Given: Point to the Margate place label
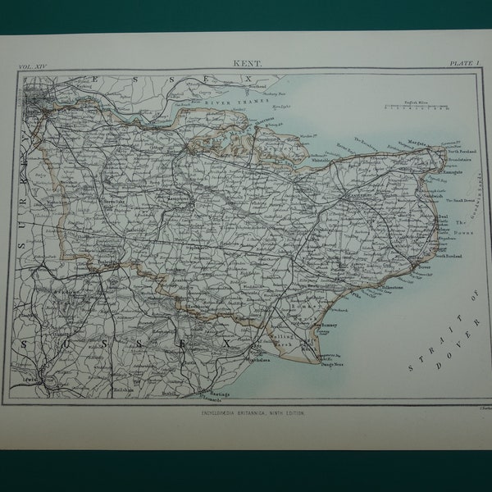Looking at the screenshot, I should [419, 143].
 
